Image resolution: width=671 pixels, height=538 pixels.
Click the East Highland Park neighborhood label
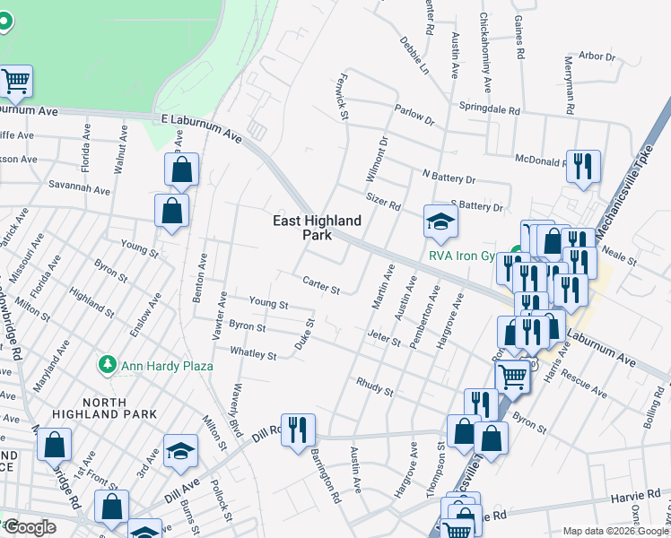pyautogui.click(x=318, y=228)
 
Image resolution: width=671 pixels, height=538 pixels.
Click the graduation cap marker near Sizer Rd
pyautogui.click(x=440, y=221)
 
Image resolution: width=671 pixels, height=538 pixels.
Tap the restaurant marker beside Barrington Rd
pyautogui.click(x=297, y=429)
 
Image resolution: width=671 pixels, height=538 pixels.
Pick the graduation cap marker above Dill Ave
pyautogui.click(x=180, y=450)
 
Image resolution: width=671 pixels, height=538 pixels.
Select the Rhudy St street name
pyautogui.click(x=374, y=389)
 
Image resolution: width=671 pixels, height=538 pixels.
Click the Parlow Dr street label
pyautogui.click(x=414, y=115)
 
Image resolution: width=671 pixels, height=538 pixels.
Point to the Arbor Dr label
pyautogui.click(x=597, y=56)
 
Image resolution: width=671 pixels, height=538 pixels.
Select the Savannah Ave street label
pyautogui.click(x=79, y=190)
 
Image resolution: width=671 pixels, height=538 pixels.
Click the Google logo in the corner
pyautogui.click(x=30, y=527)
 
